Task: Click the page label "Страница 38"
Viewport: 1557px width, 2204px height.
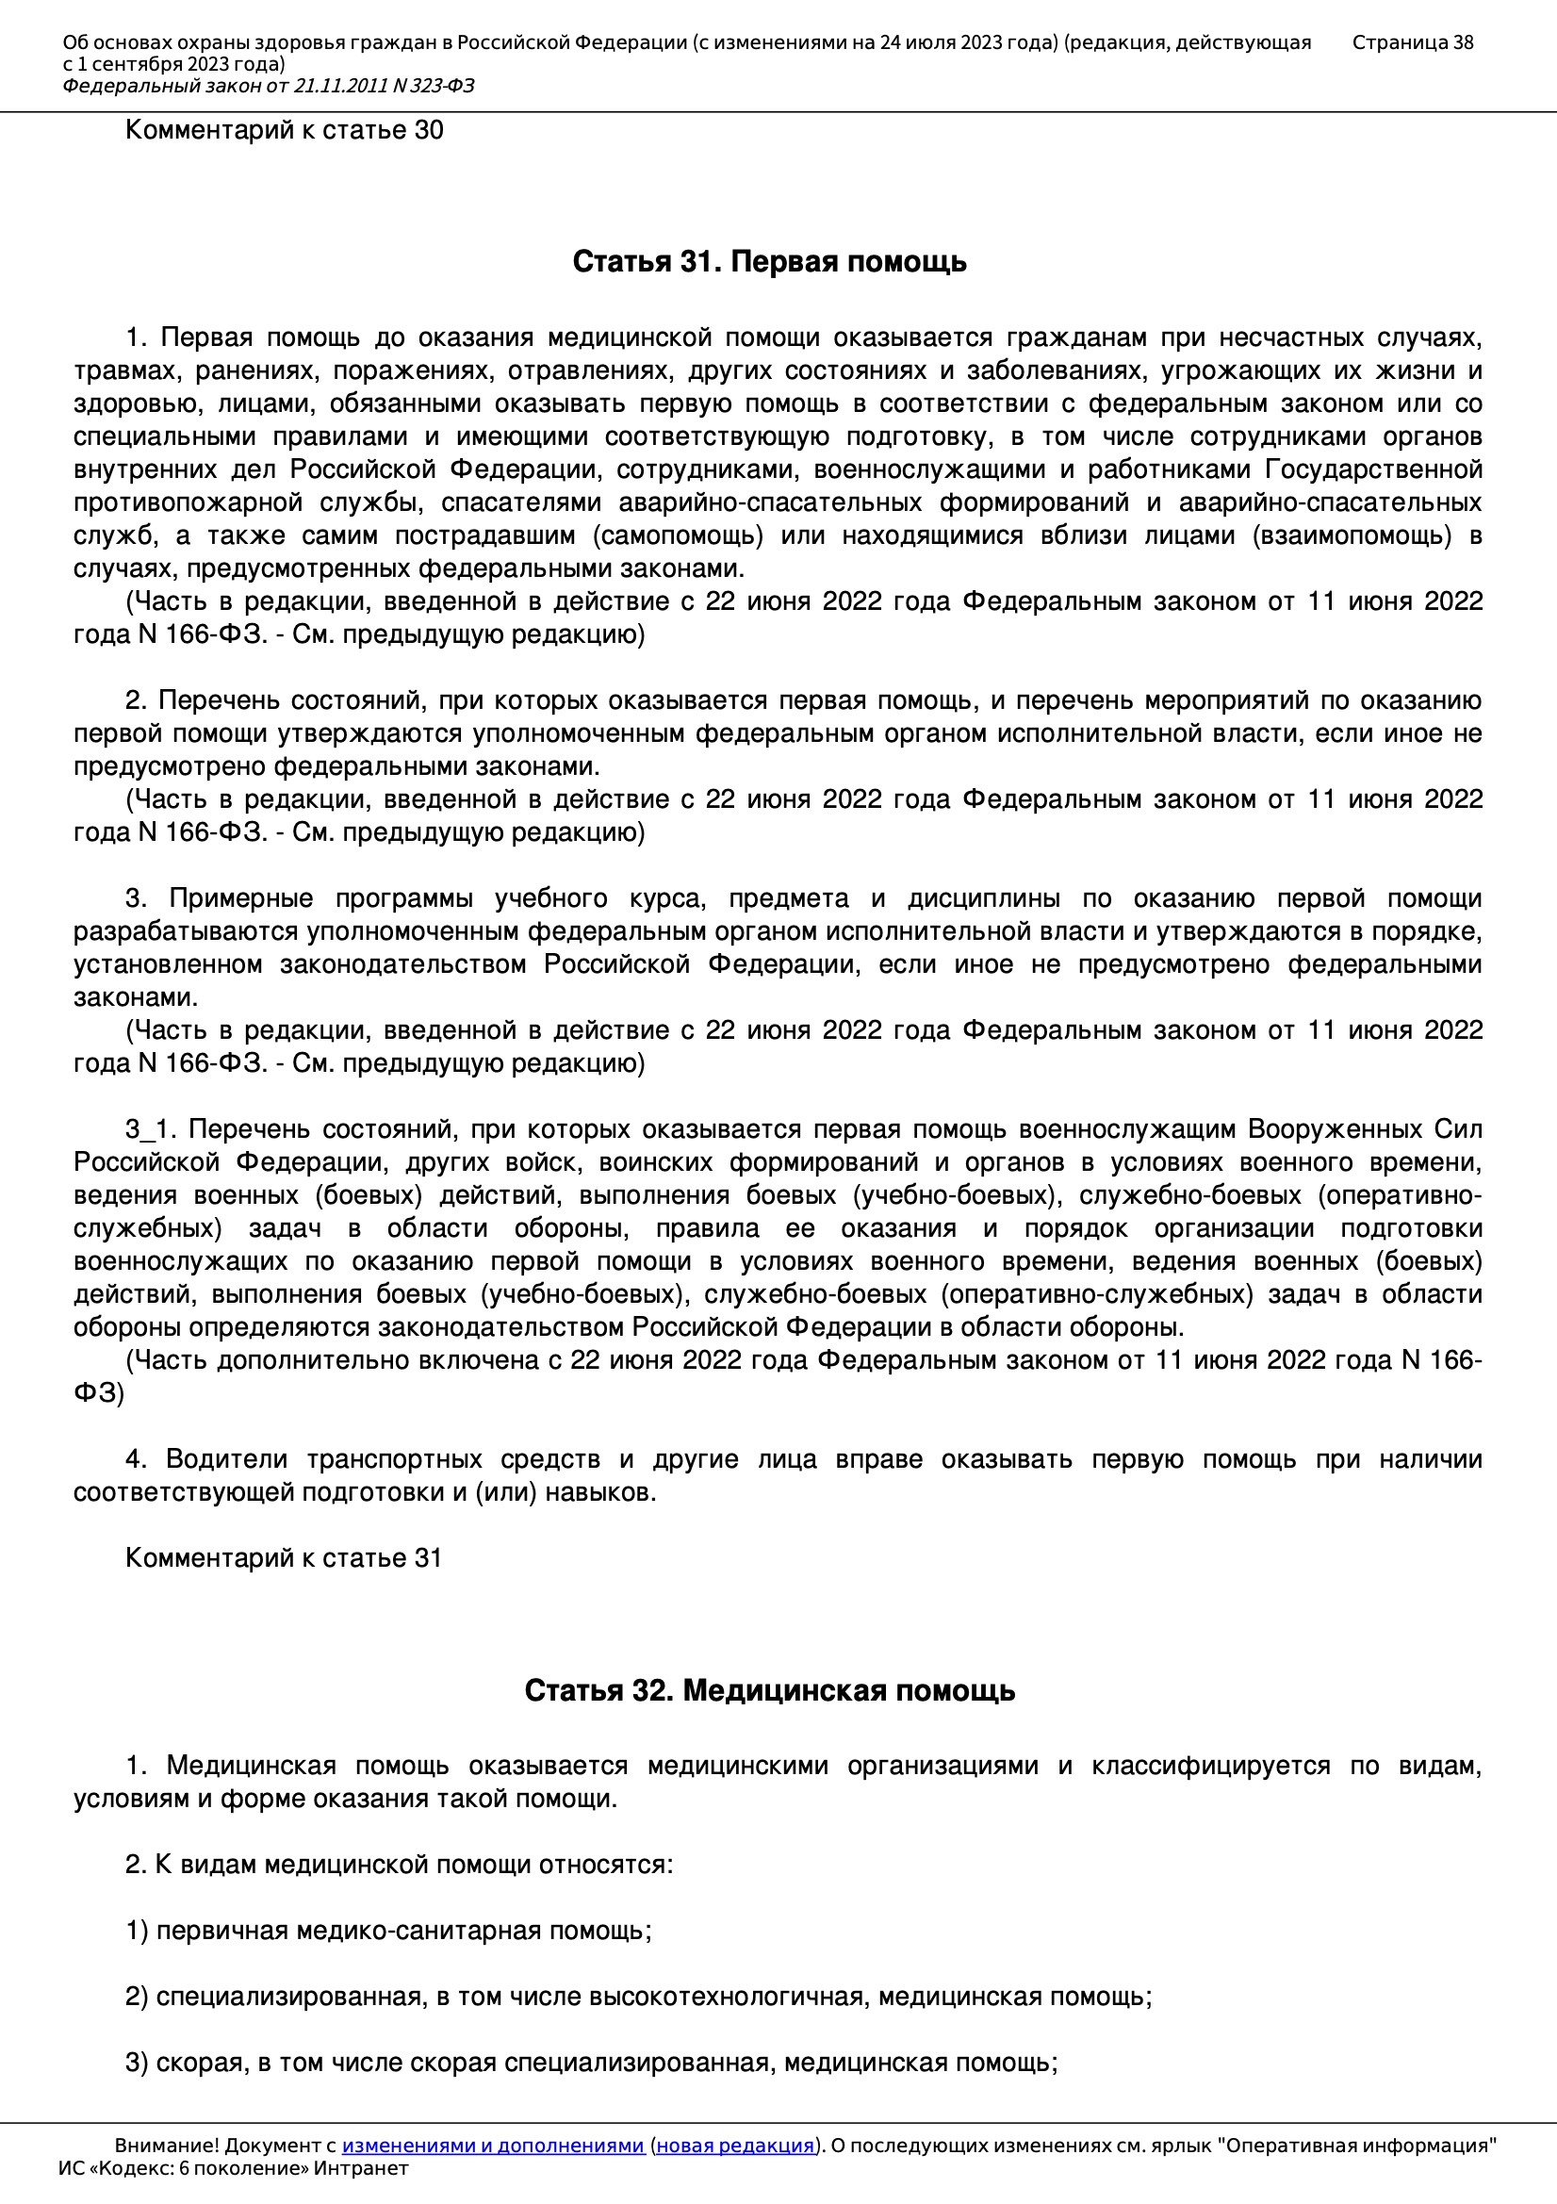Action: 1412,42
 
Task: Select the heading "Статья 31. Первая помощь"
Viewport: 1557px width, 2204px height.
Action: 769,262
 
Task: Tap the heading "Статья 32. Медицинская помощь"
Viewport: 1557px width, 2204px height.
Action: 769,1690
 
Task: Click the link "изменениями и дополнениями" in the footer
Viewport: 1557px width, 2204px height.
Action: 492,2146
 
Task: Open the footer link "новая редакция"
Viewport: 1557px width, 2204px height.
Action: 734,2146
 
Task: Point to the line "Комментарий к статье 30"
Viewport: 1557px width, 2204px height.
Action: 284,130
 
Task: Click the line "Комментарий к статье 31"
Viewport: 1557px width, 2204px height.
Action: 283,1558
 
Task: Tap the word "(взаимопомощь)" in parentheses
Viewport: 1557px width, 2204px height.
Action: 1352,535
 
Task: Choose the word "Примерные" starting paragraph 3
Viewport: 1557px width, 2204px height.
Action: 241,898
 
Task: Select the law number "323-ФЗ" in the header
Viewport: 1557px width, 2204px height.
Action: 444,87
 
